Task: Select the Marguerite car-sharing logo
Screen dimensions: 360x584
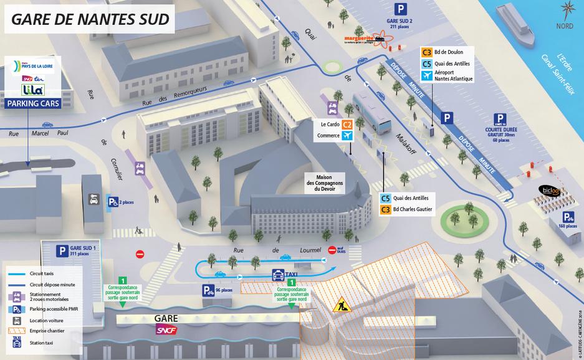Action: coord(361,39)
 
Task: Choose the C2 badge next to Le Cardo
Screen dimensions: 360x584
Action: coord(348,124)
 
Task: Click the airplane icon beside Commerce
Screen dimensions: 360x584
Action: coord(348,135)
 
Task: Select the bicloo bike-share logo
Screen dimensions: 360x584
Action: coord(551,189)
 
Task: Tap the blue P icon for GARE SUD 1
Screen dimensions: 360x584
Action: coord(62,251)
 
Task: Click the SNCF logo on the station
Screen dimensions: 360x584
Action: coord(166,329)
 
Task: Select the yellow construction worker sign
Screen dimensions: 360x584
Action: coord(342,305)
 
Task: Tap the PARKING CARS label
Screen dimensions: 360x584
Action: coord(34,103)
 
